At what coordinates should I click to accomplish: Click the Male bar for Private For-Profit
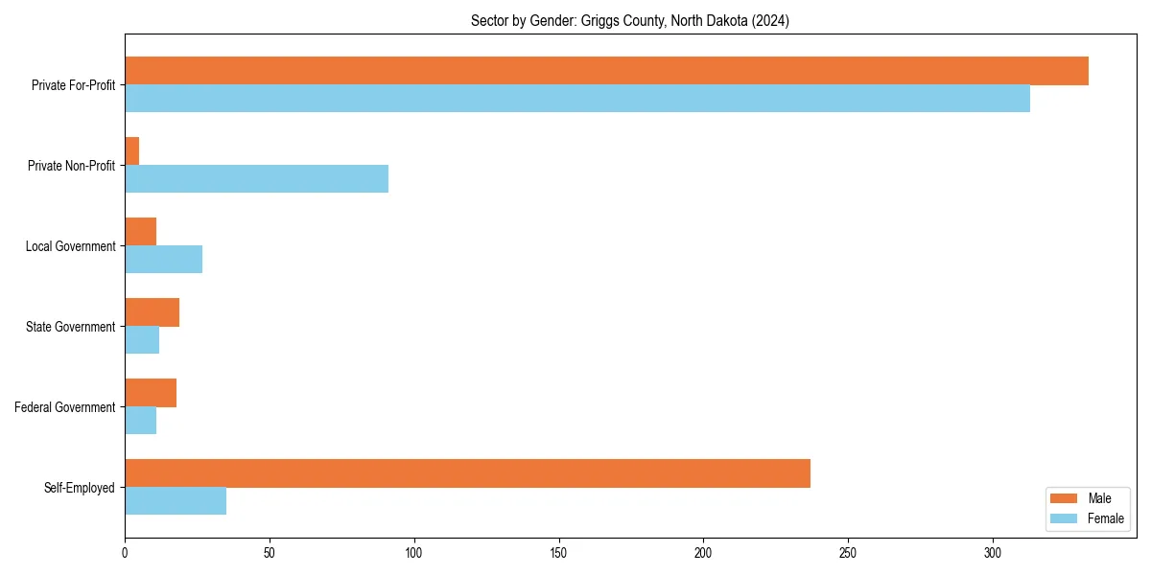pos(606,71)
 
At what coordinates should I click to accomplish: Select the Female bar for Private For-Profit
pos(577,99)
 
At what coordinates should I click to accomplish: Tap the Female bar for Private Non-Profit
pos(256,179)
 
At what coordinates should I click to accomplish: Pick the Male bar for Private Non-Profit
pos(132,151)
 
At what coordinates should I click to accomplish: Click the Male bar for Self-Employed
pos(467,473)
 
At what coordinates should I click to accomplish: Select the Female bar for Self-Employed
pos(176,501)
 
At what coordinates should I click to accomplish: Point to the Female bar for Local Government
pos(163,260)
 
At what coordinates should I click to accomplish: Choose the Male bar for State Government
pos(152,312)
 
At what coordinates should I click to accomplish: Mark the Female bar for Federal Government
pos(140,421)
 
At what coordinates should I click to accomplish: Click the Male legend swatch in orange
pos(1065,498)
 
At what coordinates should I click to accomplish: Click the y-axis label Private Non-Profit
pos(71,166)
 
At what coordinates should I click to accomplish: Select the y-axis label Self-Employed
pos(80,488)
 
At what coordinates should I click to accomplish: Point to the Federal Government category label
pos(65,407)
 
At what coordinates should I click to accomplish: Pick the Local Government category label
pos(70,246)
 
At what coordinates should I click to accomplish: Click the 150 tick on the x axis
pos(558,553)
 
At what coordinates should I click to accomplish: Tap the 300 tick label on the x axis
pos(993,553)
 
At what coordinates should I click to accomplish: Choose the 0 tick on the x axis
pos(125,553)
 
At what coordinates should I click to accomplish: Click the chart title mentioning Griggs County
pos(630,21)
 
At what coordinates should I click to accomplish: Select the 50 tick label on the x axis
pos(270,553)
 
